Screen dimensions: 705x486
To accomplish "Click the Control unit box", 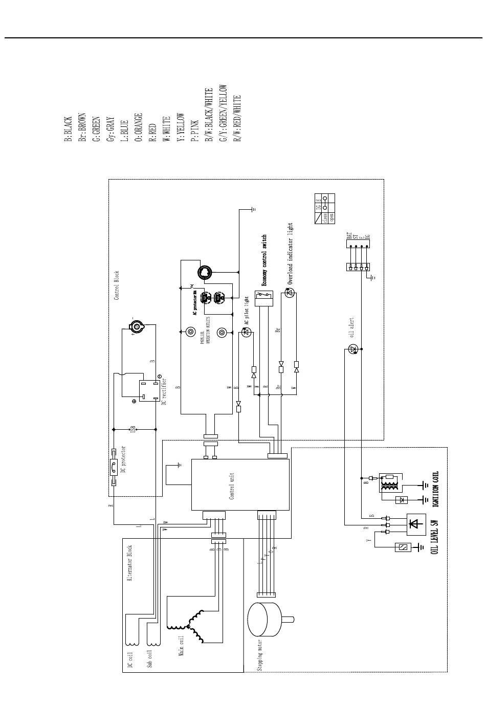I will [x=240, y=484].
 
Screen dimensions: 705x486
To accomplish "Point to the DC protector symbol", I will [x=113, y=466].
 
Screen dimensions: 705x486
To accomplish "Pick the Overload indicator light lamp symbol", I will [x=290, y=293].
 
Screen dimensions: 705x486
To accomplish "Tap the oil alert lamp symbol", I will [x=352, y=349].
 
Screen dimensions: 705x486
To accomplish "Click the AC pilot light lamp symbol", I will [x=246, y=333].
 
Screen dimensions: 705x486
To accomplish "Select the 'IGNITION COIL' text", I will [x=436, y=489].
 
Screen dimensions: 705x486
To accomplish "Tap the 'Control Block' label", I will [x=117, y=285].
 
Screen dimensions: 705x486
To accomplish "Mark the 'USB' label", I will [x=133, y=429].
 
